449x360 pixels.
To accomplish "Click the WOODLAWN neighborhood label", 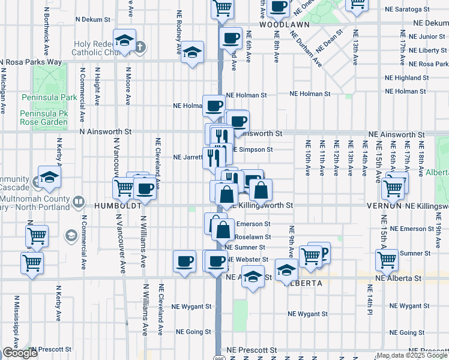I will pyautogui.click(x=284, y=25).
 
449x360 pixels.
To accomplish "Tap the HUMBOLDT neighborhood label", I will pyautogui.click(x=117, y=205).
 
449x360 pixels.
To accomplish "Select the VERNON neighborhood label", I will pyautogui.click(x=384, y=205).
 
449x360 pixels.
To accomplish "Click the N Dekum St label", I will pyautogui.click(x=96, y=19).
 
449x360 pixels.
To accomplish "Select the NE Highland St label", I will pyautogui.click(x=408, y=78).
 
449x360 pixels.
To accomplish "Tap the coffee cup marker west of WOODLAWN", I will pyautogui.click(x=231, y=40).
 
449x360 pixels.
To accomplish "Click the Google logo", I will pyautogui.click(x=19, y=353).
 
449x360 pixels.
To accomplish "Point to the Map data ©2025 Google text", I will pyautogui.click(x=411, y=355).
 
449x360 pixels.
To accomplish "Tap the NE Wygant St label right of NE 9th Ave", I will pyautogui.click(x=307, y=314).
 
